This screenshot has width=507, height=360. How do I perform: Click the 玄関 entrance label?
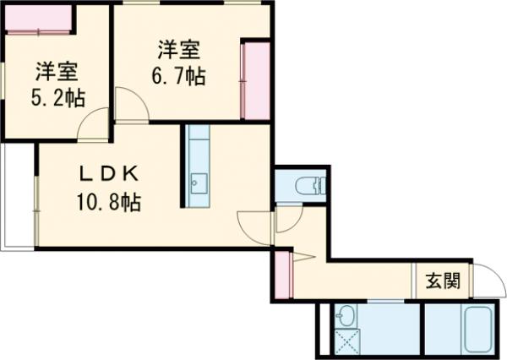(443, 281)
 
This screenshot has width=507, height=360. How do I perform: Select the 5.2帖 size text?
(57, 97)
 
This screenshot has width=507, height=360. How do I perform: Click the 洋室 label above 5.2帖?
(57, 70)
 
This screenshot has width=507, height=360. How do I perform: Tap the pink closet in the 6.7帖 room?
(255, 79)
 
